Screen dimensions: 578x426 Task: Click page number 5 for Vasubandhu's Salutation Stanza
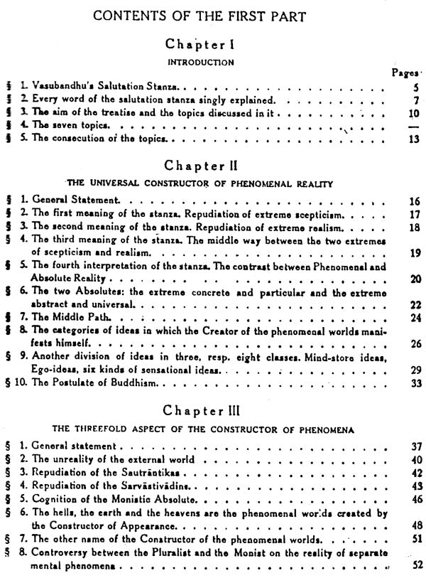coord(415,88)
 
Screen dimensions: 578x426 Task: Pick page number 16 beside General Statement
coord(415,202)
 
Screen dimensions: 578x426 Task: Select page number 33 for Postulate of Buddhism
coord(415,383)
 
